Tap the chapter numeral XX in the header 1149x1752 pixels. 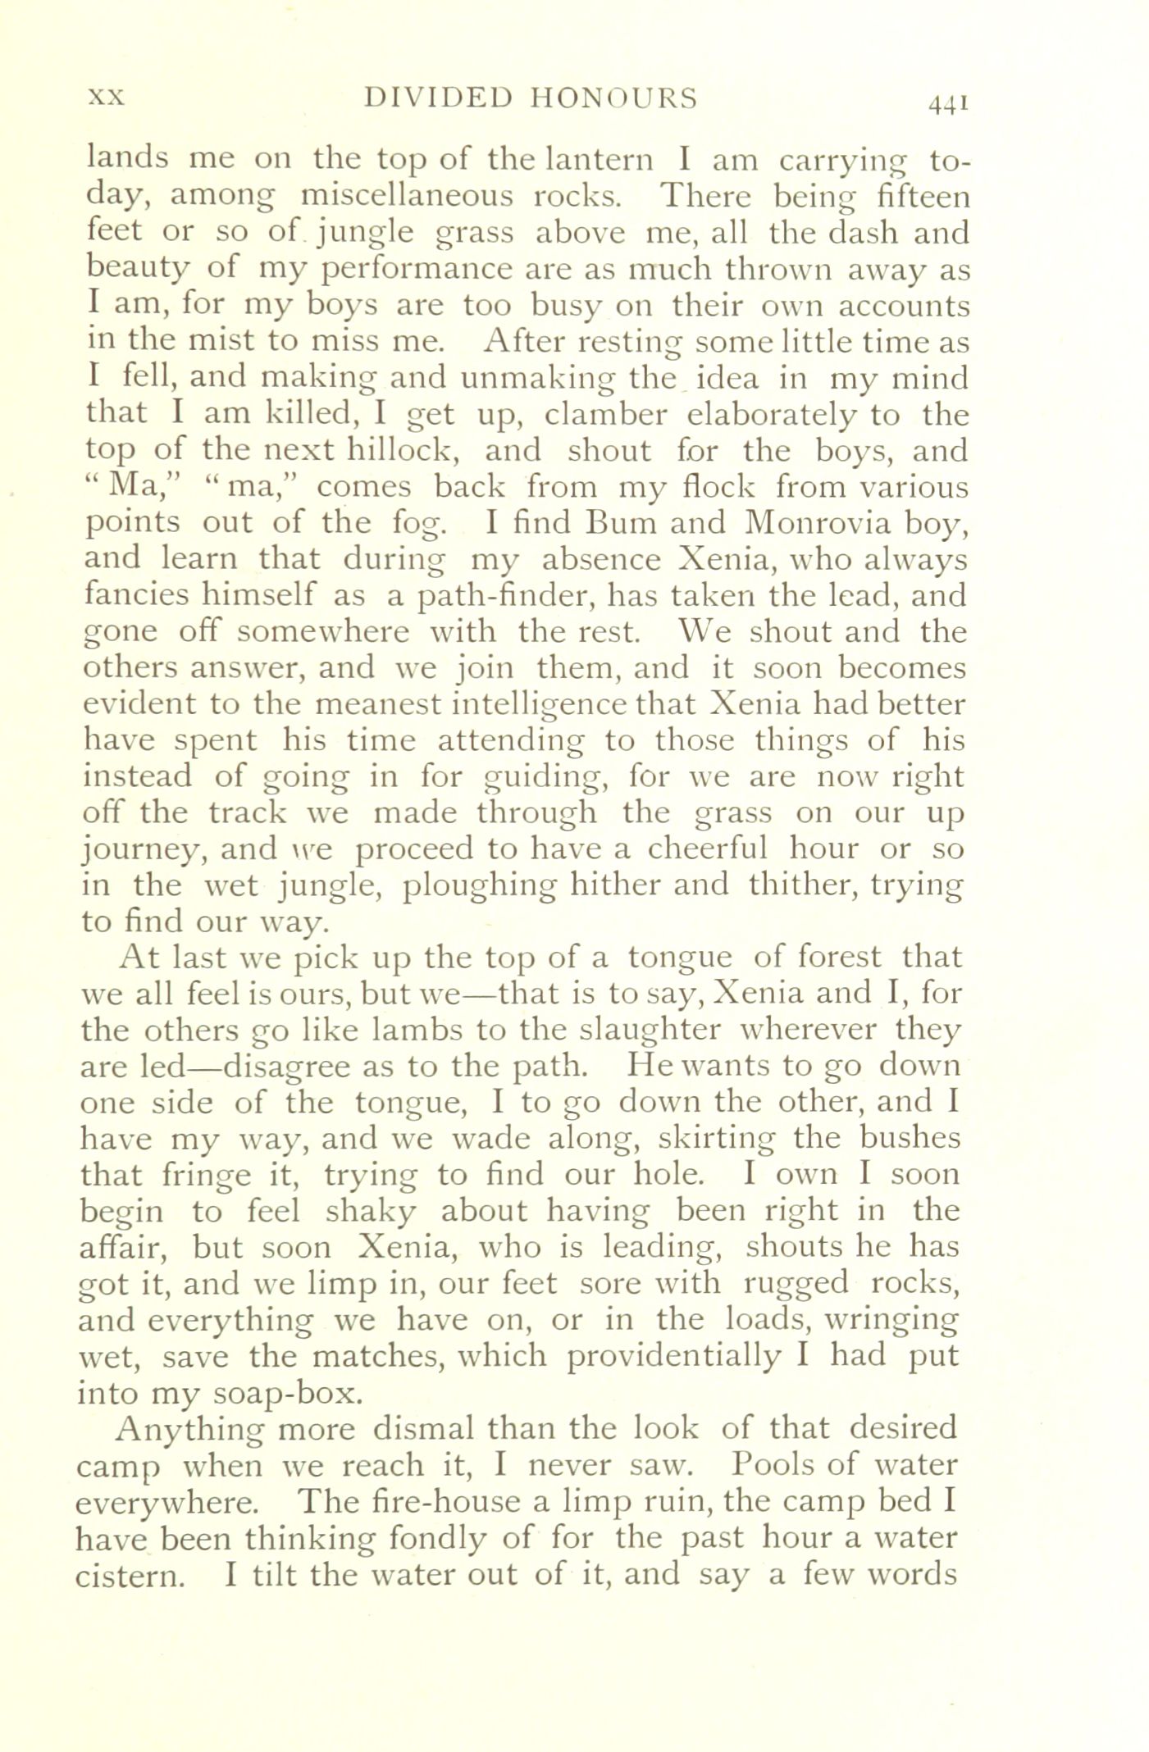click(x=106, y=98)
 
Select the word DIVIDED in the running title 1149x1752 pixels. click(x=438, y=98)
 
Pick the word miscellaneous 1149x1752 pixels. click(x=407, y=197)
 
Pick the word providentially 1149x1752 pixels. click(x=675, y=1356)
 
